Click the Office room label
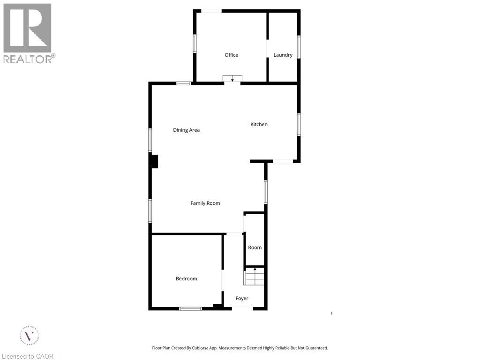(x=231, y=55)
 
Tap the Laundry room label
(x=283, y=55)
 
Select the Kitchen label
(x=259, y=124)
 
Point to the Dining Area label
(x=186, y=130)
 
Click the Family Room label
(x=205, y=203)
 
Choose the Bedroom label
(x=186, y=278)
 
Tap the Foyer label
(x=242, y=298)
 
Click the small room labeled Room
(x=255, y=247)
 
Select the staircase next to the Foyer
(x=254, y=276)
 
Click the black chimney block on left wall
(x=154, y=161)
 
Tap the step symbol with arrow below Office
(x=232, y=79)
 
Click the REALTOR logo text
(x=29, y=59)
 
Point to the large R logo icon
(x=27, y=28)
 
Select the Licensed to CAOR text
(x=28, y=356)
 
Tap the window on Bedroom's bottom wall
(x=190, y=308)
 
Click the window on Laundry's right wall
(x=299, y=47)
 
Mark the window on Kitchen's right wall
(x=299, y=124)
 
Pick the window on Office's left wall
(x=195, y=43)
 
